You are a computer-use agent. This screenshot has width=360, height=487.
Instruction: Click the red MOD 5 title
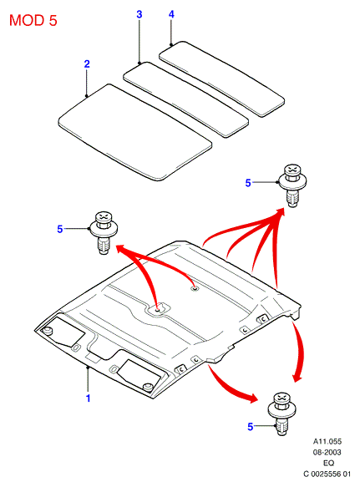(x=33, y=21)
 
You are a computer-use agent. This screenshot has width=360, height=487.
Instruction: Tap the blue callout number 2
(x=87, y=64)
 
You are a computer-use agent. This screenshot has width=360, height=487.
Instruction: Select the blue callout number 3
(x=139, y=14)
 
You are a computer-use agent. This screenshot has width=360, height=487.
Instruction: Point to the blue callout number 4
(x=171, y=14)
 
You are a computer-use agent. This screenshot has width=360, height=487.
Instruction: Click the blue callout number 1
(x=89, y=398)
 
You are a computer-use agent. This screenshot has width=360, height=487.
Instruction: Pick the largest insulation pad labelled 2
(x=135, y=132)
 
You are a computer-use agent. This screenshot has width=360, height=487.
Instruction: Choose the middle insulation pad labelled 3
(x=185, y=99)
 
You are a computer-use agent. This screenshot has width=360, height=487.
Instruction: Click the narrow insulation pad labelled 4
(x=222, y=79)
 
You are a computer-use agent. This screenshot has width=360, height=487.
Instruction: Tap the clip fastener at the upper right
(x=292, y=185)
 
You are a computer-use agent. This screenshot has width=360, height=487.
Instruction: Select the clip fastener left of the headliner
(x=103, y=233)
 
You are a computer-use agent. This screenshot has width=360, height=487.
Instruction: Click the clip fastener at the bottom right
(x=281, y=413)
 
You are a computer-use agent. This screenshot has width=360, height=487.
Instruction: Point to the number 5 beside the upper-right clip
(x=248, y=183)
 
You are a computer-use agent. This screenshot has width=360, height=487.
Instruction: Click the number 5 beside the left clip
(x=60, y=229)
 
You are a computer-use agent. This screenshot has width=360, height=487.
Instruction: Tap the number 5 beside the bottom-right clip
(x=251, y=427)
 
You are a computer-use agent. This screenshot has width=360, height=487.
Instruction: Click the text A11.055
(x=327, y=441)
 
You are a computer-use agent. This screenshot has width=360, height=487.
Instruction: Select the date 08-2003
(x=327, y=452)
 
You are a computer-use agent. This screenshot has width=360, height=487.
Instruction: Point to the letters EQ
(x=328, y=463)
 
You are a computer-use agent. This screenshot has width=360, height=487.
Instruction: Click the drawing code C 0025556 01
(x=327, y=474)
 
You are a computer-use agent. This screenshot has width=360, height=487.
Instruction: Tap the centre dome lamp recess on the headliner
(x=158, y=309)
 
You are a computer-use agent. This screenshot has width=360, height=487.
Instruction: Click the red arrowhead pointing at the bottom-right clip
(x=253, y=398)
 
